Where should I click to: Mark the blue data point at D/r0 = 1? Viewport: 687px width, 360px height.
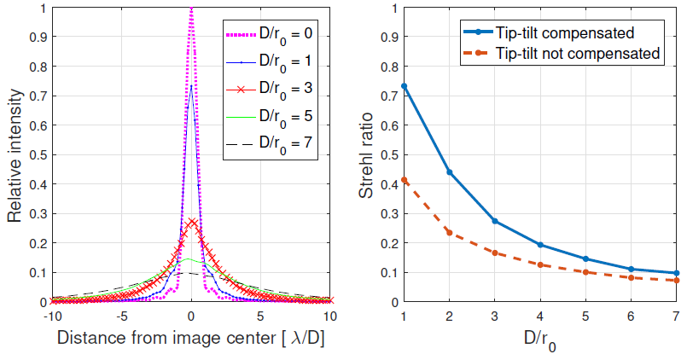[x=404, y=86]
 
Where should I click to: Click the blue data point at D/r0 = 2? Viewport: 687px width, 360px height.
[x=449, y=172]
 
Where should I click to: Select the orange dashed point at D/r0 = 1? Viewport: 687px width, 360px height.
[x=404, y=180]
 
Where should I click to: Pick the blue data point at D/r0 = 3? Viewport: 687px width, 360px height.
[x=494, y=221]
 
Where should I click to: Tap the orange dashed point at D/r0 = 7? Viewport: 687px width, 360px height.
[x=675, y=281]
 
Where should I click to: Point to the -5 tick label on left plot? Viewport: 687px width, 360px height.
[x=121, y=315]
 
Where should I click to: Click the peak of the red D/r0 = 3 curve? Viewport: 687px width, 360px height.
[x=192, y=221]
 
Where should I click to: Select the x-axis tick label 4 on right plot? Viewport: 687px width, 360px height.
[x=539, y=316]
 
